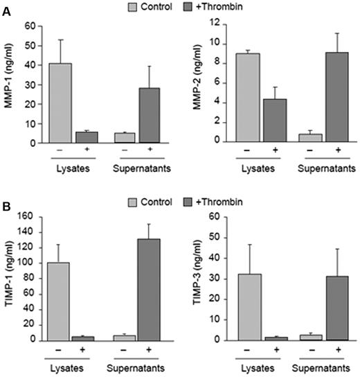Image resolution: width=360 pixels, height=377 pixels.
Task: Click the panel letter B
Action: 6,206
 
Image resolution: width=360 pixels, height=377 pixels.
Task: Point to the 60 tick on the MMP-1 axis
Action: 30,26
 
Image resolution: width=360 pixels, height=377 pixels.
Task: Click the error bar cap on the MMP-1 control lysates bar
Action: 60,40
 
